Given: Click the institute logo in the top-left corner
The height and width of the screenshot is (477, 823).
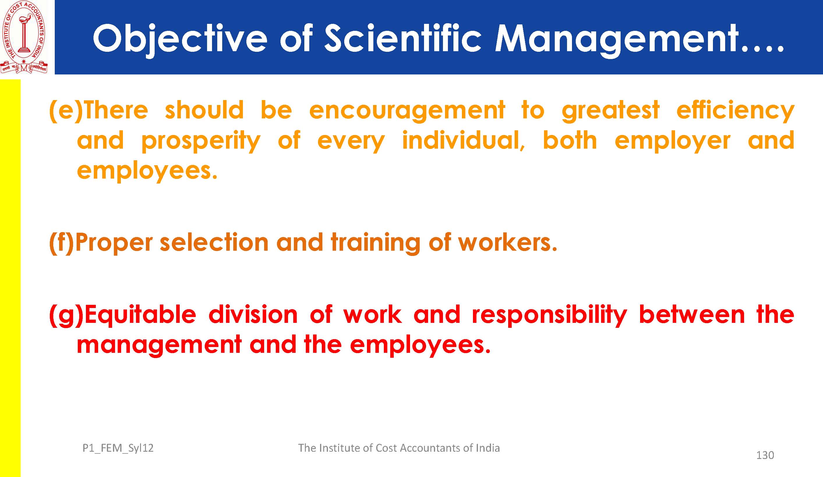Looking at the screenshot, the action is (x=24, y=37).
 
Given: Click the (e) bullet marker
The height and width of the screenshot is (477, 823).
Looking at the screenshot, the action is (x=66, y=111).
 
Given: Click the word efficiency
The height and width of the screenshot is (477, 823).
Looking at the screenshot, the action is (x=735, y=111).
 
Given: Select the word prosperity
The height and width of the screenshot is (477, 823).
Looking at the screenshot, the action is (x=201, y=141).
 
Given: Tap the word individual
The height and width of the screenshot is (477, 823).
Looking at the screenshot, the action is (x=463, y=140).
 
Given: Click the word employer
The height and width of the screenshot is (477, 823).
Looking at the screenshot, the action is (x=672, y=141).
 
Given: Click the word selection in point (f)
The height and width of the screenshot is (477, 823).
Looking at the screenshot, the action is (x=214, y=243).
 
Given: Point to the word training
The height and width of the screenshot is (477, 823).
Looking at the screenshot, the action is (x=375, y=244).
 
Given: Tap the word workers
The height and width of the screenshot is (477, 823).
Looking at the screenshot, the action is (x=508, y=243).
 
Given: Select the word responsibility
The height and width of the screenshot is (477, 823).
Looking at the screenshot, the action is (x=549, y=316).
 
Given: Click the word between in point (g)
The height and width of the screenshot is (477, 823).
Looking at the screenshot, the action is (x=692, y=314).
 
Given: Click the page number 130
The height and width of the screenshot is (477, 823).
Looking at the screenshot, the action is (x=765, y=455).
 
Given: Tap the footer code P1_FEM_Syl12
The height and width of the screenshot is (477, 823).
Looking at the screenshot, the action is (x=118, y=448).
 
